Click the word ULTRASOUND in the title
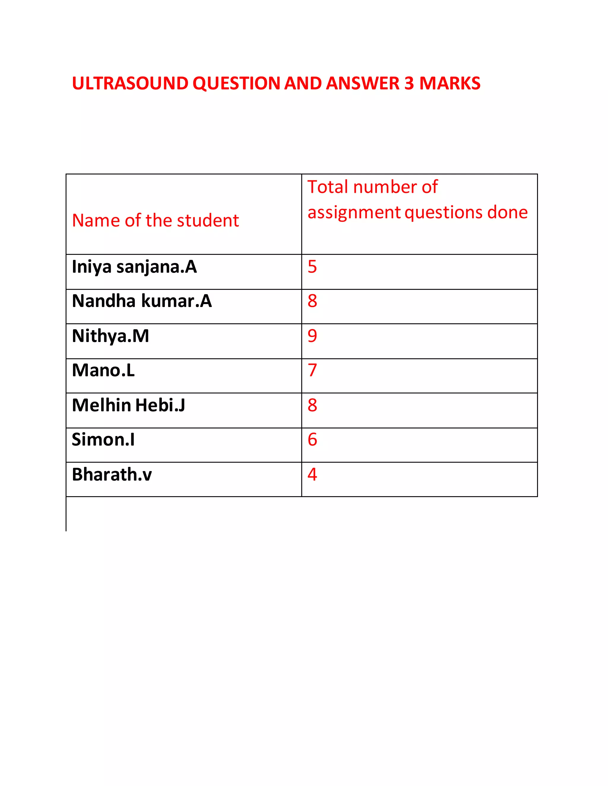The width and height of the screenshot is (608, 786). pos(130,84)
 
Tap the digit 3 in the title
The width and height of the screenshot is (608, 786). pos(409,84)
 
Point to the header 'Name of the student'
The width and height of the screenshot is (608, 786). pos(155,220)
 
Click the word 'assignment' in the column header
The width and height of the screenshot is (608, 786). pos(354,212)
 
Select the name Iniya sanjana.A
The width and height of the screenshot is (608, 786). pos(134,267)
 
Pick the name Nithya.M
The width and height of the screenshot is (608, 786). pos(110,336)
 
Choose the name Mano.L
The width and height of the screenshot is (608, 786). pos(103,370)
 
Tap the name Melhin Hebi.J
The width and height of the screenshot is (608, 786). pos(129,405)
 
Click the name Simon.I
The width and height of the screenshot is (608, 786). pos(103,440)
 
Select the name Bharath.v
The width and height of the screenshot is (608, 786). pos(112,474)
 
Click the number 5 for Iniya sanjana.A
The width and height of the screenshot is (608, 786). pos(312,267)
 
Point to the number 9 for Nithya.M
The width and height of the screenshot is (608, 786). pos(312,336)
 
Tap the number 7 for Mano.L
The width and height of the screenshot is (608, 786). pos(312,370)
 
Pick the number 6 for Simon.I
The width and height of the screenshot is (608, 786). pos(312,440)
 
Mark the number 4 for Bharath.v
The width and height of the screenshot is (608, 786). pos(312,474)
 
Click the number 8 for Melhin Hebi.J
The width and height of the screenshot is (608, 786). pos(312,405)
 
